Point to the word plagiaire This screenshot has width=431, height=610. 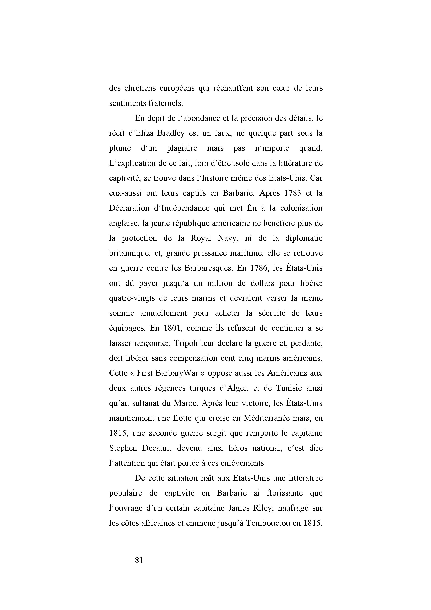click(182, 148)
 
